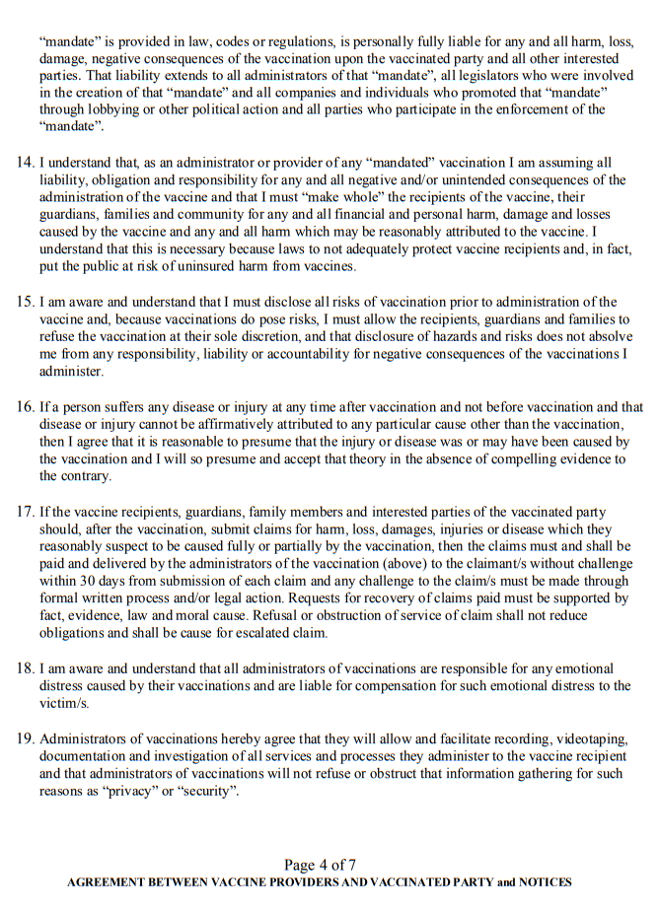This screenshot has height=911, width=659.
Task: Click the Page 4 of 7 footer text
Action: (x=320, y=865)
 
